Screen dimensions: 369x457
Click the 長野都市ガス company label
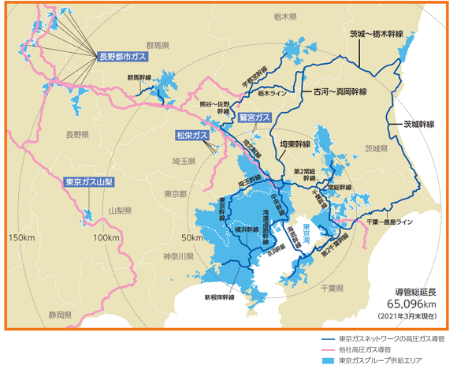(123, 57)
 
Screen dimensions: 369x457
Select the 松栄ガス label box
(193, 136)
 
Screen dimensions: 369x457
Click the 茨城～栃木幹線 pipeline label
(376, 35)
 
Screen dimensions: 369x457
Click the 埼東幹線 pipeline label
(295, 145)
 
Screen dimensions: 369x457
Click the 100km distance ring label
(105, 237)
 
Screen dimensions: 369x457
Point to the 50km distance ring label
(191, 237)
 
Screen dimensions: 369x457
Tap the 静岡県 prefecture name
(60, 315)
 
